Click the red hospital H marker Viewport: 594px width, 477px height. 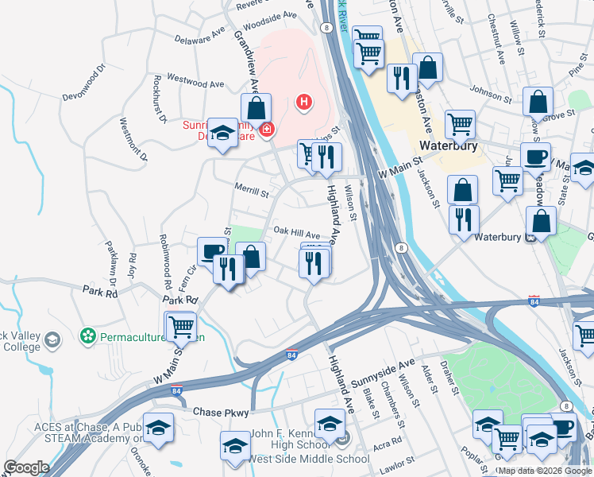tap(303, 102)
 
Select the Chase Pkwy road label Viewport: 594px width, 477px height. tap(222, 413)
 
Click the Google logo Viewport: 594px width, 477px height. tap(26, 467)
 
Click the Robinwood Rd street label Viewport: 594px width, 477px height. tap(165, 262)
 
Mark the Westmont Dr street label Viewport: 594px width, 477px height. tap(133, 139)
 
